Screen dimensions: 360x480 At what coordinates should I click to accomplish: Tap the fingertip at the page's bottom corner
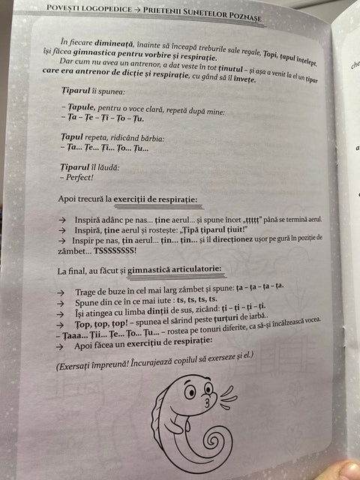tap(346, 471)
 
